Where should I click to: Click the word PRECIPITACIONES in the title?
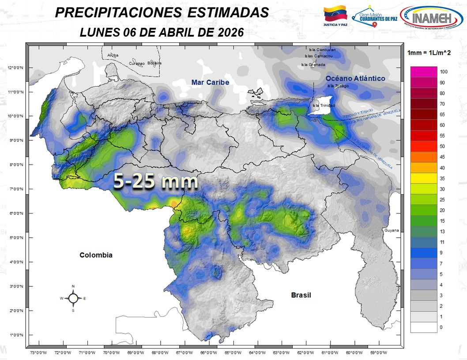click(x=118, y=13)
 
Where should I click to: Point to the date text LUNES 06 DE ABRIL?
click(x=137, y=32)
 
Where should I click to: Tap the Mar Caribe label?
click(x=210, y=82)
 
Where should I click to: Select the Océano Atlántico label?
click(x=355, y=78)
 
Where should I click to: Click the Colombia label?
click(x=96, y=255)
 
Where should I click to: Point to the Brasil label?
click(x=301, y=295)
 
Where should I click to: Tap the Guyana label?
click(x=391, y=230)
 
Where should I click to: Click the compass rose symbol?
click(x=73, y=298)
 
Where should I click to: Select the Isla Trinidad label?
click(x=324, y=105)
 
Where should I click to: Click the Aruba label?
click(x=113, y=55)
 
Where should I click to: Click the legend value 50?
click(x=442, y=146)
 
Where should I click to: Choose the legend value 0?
click(x=441, y=327)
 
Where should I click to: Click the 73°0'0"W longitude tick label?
click(x=39, y=352)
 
